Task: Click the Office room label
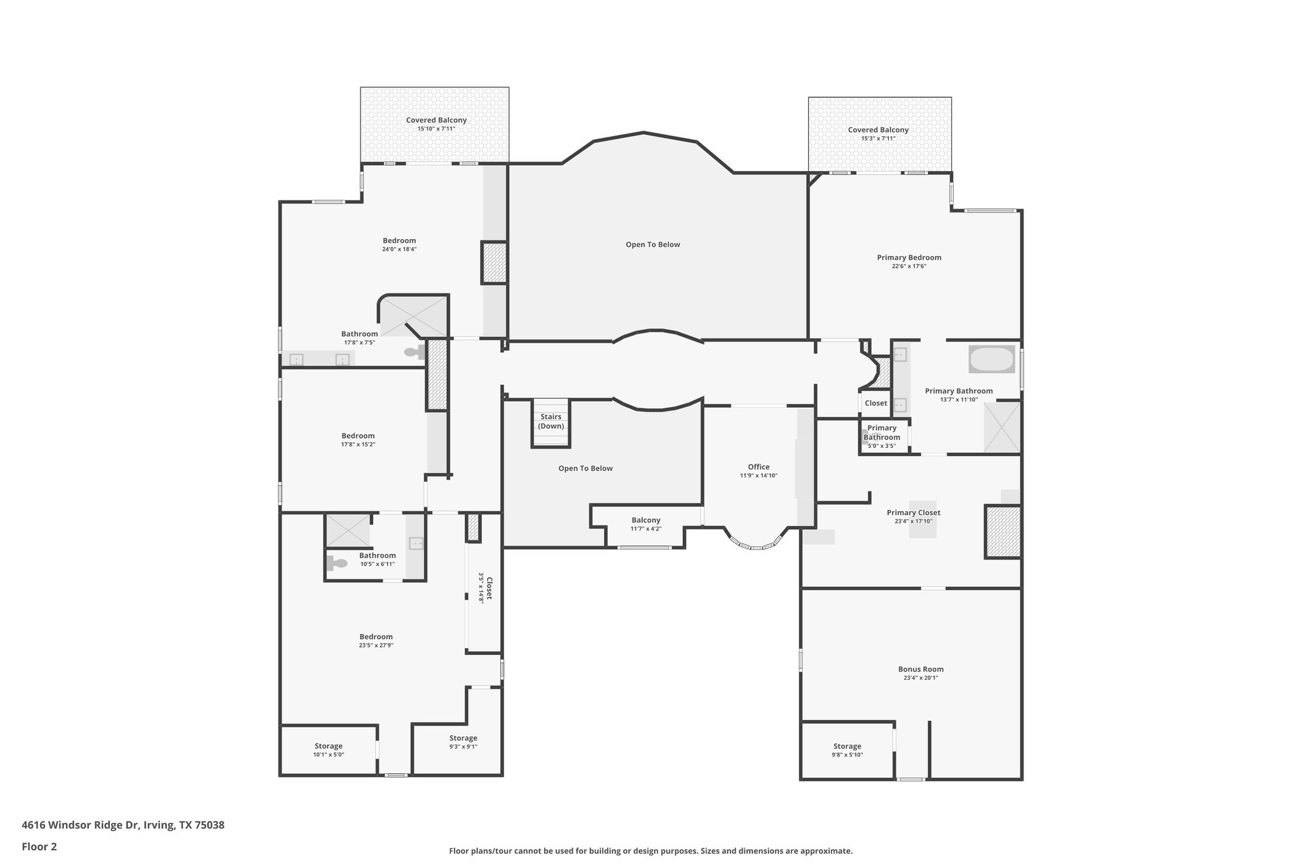coord(758,467)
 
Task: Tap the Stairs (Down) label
coord(551,422)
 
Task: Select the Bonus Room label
coord(921,669)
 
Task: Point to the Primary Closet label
coord(914,513)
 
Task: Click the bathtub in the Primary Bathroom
coord(991,359)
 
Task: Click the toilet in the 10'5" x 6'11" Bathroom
coord(336,563)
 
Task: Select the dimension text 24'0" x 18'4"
coord(399,249)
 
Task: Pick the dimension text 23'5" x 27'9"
coord(376,645)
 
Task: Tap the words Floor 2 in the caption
coord(39,846)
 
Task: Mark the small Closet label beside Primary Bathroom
coord(875,403)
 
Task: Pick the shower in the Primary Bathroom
coord(1002,427)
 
